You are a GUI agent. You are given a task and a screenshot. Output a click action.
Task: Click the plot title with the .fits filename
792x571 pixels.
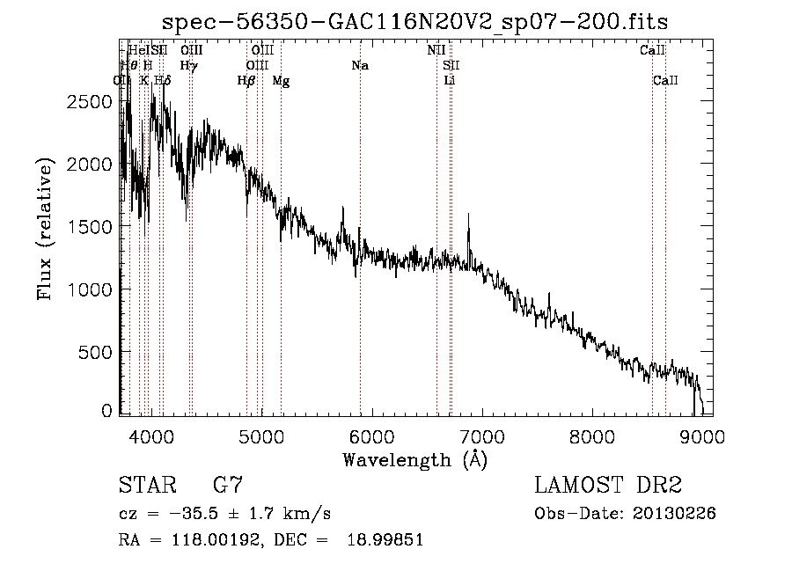[415, 21]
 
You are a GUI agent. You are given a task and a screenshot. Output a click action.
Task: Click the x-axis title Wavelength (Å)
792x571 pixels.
[414, 459]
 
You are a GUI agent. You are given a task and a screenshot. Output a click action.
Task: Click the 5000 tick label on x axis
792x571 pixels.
[261, 437]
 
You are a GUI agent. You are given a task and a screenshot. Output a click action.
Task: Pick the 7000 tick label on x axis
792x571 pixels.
[482, 437]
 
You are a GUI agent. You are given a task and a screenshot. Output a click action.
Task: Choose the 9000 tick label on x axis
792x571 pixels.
[702, 437]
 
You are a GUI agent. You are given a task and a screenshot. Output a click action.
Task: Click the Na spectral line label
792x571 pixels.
[359, 66]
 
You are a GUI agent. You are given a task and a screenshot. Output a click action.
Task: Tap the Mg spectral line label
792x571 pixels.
[280, 81]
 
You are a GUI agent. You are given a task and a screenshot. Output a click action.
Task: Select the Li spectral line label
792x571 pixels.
[450, 81]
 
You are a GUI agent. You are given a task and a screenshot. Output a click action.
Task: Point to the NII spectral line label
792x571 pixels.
[436, 51]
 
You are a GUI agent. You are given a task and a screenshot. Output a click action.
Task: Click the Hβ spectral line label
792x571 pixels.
[246, 81]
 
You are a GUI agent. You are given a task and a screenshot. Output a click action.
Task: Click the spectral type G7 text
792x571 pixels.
[227, 487]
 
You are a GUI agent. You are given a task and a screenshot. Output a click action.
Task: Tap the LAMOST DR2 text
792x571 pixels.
[608, 487]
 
